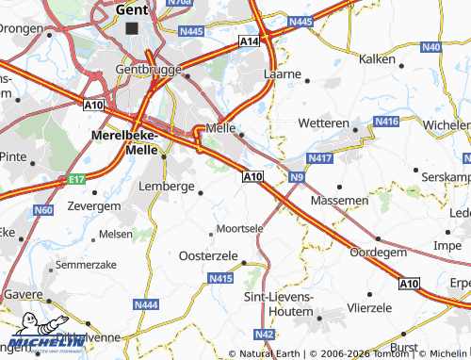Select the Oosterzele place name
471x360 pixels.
[208, 255]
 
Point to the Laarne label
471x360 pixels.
[282, 73]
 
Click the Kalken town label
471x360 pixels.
[377, 58]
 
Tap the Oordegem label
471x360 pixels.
[378, 252]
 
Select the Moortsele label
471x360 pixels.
[239, 228]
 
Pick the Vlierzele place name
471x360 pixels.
[368, 307]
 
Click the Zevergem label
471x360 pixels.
[94, 205]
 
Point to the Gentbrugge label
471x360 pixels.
[146, 69]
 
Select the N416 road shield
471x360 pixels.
[386, 123]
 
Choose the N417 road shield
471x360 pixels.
[320, 158]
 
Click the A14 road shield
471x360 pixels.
[250, 41]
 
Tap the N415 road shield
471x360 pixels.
[220, 278]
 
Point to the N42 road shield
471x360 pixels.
[265, 334]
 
